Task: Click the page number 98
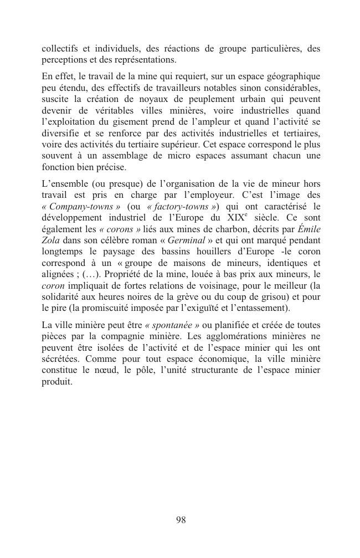pyautogui.click(x=181, y=519)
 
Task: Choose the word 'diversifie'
pyautogui.click(x=60, y=133)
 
